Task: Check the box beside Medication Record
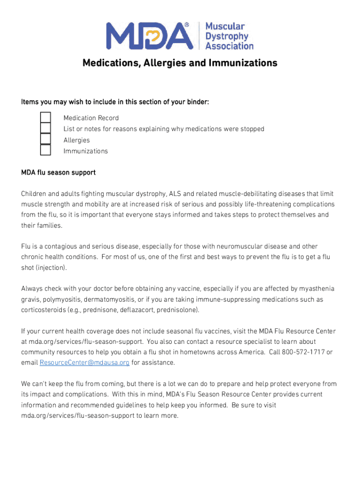point(45,117)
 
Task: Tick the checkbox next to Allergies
point(45,139)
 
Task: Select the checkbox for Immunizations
point(45,150)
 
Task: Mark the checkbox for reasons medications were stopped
point(45,128)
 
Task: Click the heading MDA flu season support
point(58,173)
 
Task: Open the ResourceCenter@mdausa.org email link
point(85,363)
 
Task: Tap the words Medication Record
point(91,118)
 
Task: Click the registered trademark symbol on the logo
point(187,24)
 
